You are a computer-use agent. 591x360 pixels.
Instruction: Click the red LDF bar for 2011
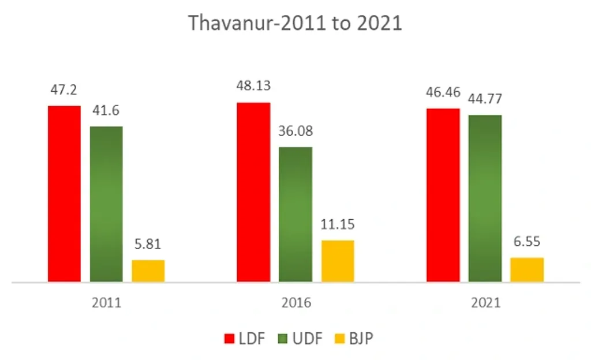[x=64, y=194]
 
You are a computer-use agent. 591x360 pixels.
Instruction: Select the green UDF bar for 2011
[x=106, y=204]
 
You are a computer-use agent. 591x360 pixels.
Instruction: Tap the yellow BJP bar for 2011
[x=148, y=271]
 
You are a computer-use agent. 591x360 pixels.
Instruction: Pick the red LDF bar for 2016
[x=253, y=192]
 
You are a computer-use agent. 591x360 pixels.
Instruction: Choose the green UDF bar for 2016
[x=295, y=215]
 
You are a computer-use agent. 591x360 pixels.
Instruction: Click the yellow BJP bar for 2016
[x=338, y=261]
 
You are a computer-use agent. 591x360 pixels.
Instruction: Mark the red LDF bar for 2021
[x=443, y=195]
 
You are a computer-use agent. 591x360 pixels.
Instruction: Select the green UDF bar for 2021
[x=485, y=198]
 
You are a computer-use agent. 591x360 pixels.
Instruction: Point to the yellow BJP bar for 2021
[x=527, y=269]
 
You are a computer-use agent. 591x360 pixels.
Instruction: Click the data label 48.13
[x=253, y=86]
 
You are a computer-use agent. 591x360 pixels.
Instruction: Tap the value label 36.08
[x=295, y=131]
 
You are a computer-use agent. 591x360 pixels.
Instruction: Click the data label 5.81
[x=148, y=244]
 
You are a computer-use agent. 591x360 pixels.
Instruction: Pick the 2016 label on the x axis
[x=295, y=303]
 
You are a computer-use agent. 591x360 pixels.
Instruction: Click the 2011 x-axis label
[x=106, y=303]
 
